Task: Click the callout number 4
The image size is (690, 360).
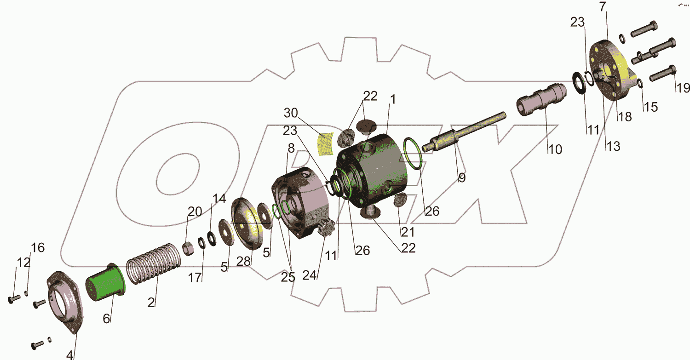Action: click(70, 355)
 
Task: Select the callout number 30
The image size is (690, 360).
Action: click(291, 113)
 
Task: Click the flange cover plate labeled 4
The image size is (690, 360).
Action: click(65, 302)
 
